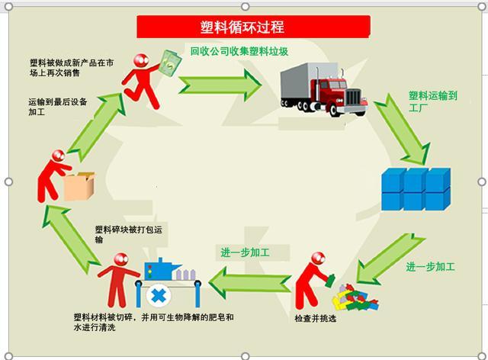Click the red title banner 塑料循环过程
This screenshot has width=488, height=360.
tap(253, 27)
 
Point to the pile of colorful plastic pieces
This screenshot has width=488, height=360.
tap(354, 296)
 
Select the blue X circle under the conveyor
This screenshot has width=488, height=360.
tap(159, 295)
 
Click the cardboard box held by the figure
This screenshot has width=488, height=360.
tap(79, 186)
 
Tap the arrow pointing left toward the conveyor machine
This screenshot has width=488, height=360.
tap(249, 283)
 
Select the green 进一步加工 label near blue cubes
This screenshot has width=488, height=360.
tap(430, 267)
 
